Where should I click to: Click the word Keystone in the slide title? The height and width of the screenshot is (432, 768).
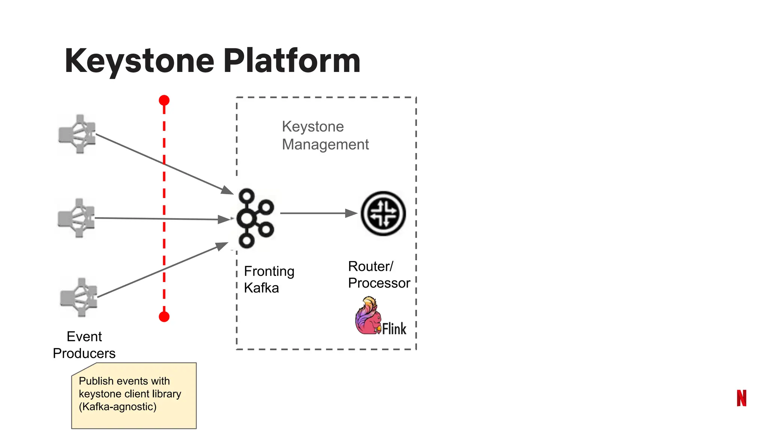[139, 61]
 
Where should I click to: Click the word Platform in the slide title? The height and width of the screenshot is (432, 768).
[292, 61]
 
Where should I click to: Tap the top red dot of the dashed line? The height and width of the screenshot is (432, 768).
[164, 100]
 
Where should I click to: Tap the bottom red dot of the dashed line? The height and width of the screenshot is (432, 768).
[164, 317]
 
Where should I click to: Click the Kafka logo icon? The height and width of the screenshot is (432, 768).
[255, 218]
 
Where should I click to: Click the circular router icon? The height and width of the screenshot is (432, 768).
[383, 213]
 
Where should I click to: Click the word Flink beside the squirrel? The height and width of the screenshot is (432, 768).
[394, 329]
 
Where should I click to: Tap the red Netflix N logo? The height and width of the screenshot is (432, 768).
[741, 398]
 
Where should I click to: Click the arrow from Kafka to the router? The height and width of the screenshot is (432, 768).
[319, 213]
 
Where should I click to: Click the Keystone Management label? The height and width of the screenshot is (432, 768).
[325, 135]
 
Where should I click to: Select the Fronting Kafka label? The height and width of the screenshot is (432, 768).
[269, 279]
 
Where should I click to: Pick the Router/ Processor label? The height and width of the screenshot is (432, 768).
[379, 274]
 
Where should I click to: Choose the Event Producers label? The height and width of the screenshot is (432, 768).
[84, 345]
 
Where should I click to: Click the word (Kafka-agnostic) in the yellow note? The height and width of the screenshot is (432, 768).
[117, 406]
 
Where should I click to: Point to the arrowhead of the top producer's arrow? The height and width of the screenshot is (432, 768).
[227, 190]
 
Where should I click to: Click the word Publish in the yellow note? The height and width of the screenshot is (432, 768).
[96, 381]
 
